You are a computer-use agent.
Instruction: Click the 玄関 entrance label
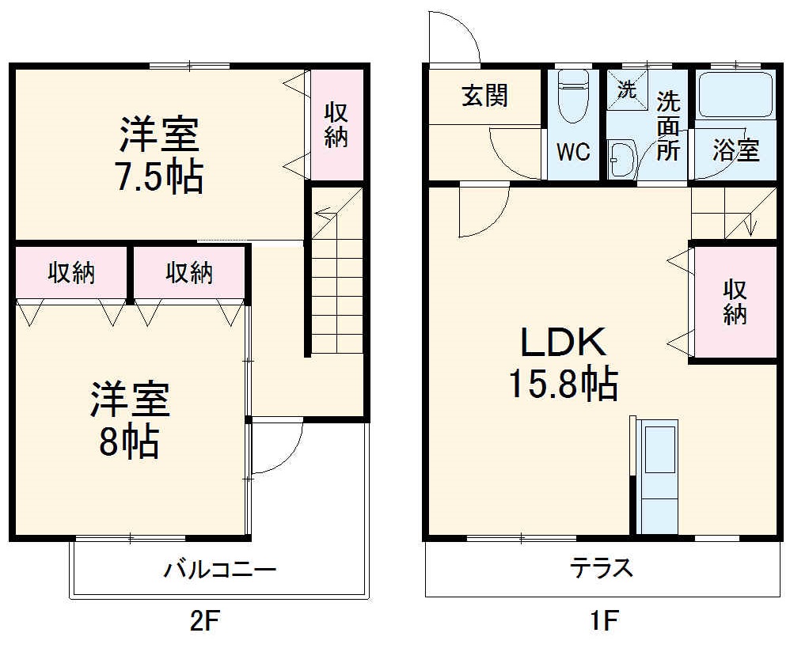[485, 97]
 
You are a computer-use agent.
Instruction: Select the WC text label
[573, 151]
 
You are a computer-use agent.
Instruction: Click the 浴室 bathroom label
[735, 150]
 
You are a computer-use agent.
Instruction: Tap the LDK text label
[563, 342]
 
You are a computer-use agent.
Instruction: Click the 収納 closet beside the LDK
[735, 303]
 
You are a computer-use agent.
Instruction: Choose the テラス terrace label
[602, 567]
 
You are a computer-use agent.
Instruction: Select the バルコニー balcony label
[220, 570]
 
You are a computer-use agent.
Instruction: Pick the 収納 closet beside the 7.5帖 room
[336, 125]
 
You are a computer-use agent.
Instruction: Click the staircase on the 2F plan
[336, 273]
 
